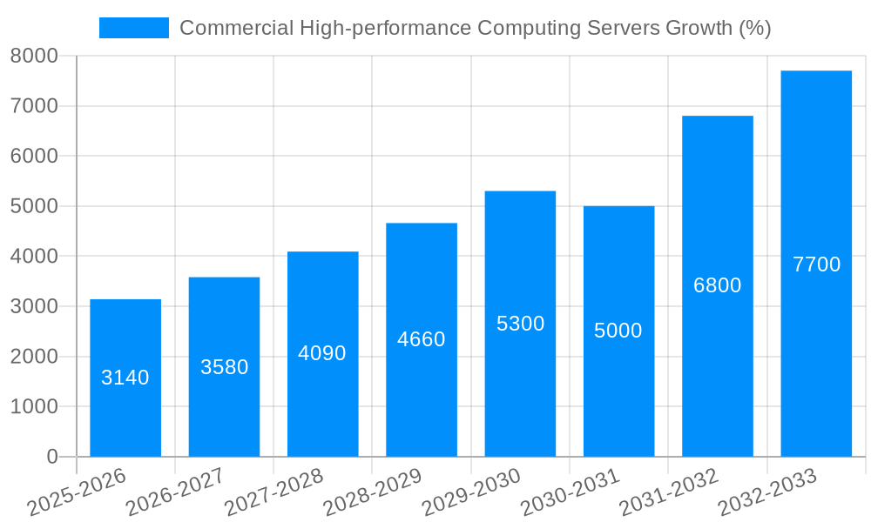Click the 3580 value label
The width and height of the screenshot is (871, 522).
pyautogui.click(x=225, y=367)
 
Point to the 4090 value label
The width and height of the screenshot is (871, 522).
pyautogui.click(x=322, y=353)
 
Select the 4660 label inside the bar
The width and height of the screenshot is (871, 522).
pyautogui.click(x=422, y=339)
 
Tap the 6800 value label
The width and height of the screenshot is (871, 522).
pyautogui.click(x=718, y=285)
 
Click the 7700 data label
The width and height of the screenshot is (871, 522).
pyautogui.click(x=816, y=264)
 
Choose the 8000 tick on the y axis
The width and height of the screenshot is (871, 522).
pyautogui.click(x=34, y=56)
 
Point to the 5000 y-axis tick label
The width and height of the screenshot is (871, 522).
pyautogui.click(x=34, y=206)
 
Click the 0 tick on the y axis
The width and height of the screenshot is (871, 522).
pyautogui.click(x=52, y=457)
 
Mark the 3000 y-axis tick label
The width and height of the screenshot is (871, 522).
pyautogui.click(x=34, y=306)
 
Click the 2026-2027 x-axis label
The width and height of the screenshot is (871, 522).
pyautogui.click(x=175, y=492)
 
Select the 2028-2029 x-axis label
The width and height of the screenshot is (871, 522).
pyautogui.click(x=372, y=492)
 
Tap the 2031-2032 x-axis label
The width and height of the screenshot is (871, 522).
pyautogui.click(x=668, y=492)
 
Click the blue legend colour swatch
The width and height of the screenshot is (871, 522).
pyautogui.click(x=134, y=28)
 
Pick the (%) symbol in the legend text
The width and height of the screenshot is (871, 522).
pyautogui.click(x=754, y=28)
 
